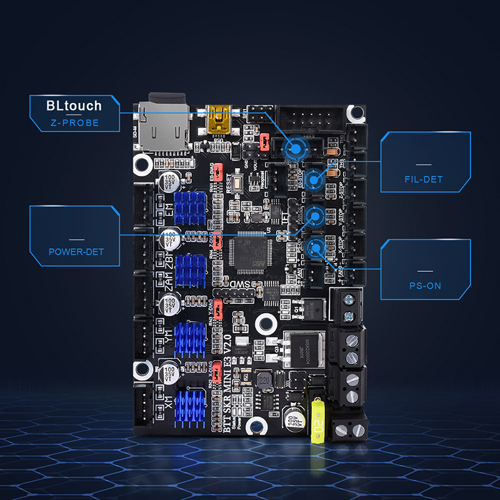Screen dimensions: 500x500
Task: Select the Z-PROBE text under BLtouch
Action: (74, 122)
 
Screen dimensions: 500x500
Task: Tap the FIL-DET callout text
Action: (423, 179)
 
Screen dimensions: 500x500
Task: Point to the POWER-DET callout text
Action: (76, 252)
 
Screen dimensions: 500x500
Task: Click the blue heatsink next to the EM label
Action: (190, 206)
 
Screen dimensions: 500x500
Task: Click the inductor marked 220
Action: (265, 380)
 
